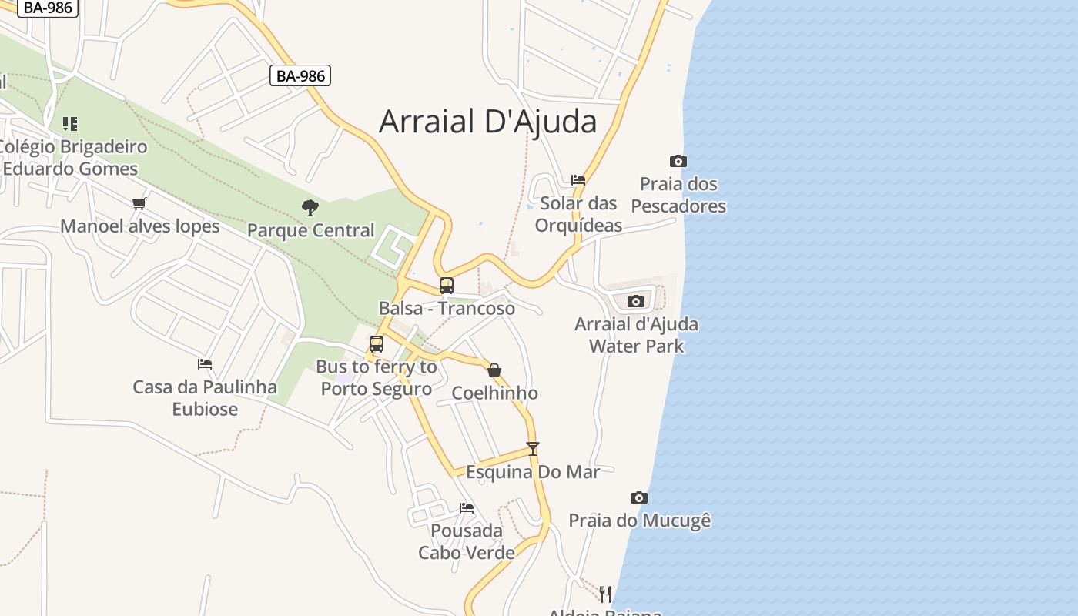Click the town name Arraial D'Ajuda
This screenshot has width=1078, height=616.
click(487, 122)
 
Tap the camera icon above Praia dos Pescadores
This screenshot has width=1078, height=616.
click(678, 161)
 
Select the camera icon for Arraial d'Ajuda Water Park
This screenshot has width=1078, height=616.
click(636, 301)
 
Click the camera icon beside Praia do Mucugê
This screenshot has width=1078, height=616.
click(638, 497)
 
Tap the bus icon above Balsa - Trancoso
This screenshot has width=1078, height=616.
click(447, 286)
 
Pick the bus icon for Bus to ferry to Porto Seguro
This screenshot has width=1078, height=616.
click(377, 344)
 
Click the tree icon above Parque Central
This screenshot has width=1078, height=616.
click(310, 207)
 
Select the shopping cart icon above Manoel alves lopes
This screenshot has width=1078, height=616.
click(139, 203)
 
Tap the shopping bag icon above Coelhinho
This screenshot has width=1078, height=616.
click(494, 370)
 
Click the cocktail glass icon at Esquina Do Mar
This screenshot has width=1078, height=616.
click(532, 448)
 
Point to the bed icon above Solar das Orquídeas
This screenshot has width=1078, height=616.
click(578, 180)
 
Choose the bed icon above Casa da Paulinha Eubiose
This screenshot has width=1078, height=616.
click(205, 363)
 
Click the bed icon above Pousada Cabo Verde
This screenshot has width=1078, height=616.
click(467, 507)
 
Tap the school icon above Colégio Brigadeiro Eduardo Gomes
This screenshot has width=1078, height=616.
click(70, 123)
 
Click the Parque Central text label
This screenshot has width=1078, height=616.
click(310, 230)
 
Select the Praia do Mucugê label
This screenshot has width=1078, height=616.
click(639, 521)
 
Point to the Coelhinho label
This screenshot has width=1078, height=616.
click(494, 393)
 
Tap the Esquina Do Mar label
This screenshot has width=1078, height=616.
click(533, 471)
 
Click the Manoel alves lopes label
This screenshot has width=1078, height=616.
click(140, 226)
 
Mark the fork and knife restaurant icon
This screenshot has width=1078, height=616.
click(605, 594)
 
